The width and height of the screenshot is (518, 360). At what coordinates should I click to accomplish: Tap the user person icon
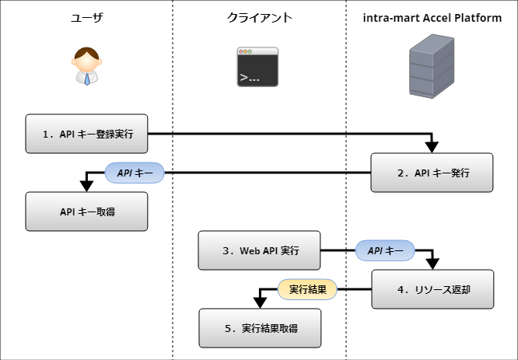pos(86,66)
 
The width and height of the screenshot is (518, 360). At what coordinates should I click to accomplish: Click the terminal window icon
pos(258,66)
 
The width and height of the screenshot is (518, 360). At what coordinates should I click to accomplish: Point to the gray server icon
pos(433,68)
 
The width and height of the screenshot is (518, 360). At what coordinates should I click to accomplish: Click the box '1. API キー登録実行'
pos(86,134)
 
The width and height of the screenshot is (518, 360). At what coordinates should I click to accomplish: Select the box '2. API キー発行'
pos(432,173)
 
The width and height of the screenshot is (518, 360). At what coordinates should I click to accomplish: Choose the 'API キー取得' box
pos(86,211)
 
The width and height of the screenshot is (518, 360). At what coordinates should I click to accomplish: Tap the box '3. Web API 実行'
pos(259,250)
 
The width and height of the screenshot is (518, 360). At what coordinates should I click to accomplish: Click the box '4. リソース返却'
pos(432,289)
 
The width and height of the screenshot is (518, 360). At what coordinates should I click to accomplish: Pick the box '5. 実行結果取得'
pos(260,328)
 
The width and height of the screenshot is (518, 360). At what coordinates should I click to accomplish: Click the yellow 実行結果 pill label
pos(307,289)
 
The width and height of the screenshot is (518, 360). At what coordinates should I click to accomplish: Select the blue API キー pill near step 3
pos(385,250)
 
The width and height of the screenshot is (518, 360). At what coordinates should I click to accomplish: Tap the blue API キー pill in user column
pos(135,173)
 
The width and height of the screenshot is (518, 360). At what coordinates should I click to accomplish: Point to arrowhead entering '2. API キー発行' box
pos(432,148)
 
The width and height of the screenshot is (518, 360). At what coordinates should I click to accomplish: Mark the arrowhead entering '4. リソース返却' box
pos(432,264)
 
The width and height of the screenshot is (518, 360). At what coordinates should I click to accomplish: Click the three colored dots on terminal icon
pos(245,52)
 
